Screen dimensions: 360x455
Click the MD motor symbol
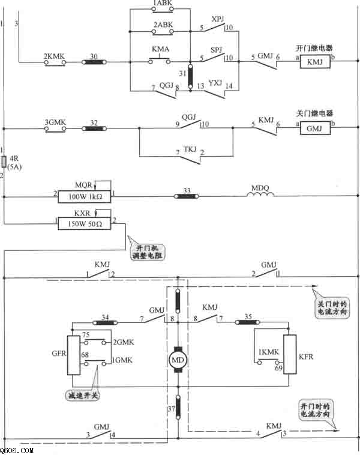tap(178, 360)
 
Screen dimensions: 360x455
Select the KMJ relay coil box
tap(315, 62)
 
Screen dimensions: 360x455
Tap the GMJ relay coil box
tap(315, 128)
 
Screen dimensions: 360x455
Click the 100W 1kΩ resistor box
tap(85, 196)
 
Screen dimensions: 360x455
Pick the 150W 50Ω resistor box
tap(85, 224)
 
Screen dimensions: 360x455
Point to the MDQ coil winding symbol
tap(260, 194)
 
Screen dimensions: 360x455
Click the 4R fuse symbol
tap(4, 161)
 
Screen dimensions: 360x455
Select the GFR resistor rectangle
tap(74, 355)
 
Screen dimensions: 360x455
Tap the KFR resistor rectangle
tap(290, 354)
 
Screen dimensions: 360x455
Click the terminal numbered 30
tap(94, 62)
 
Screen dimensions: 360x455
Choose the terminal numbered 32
tap(94, 128)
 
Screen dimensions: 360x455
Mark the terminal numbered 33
tap(187, 196)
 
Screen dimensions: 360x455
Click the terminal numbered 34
tap(105, 322)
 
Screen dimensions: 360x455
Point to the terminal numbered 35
tap(247, 322)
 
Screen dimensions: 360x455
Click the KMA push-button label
tap(160, 49)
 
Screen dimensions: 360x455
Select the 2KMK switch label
tap(54, 56)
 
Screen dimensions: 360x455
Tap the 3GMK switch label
tap(55, 122)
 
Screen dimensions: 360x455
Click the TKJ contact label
tap(190, 149)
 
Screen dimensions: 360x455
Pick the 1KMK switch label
tap(268, 352)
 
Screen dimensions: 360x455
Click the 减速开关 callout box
tap(83, 395)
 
